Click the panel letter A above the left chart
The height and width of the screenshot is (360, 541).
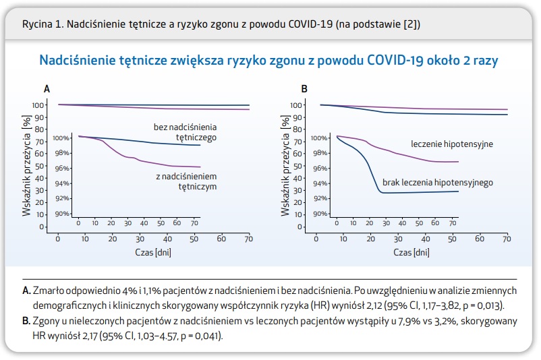click(x=47, y=88)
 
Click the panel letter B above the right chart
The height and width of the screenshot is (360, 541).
click(x=304, y=88)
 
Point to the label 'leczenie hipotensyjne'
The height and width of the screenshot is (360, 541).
click(x=452, y=144)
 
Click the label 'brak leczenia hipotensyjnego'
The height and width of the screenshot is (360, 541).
click(x=438, y=183)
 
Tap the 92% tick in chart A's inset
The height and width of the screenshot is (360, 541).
click(x=63, y=198)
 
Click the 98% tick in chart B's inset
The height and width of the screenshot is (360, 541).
click(x=318, y=153)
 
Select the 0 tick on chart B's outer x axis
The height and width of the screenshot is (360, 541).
click(x=316, y=239)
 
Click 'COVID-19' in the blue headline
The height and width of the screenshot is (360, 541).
click(x=393, y=61)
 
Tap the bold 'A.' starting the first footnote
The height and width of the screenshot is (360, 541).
click(x=27, y=291)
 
